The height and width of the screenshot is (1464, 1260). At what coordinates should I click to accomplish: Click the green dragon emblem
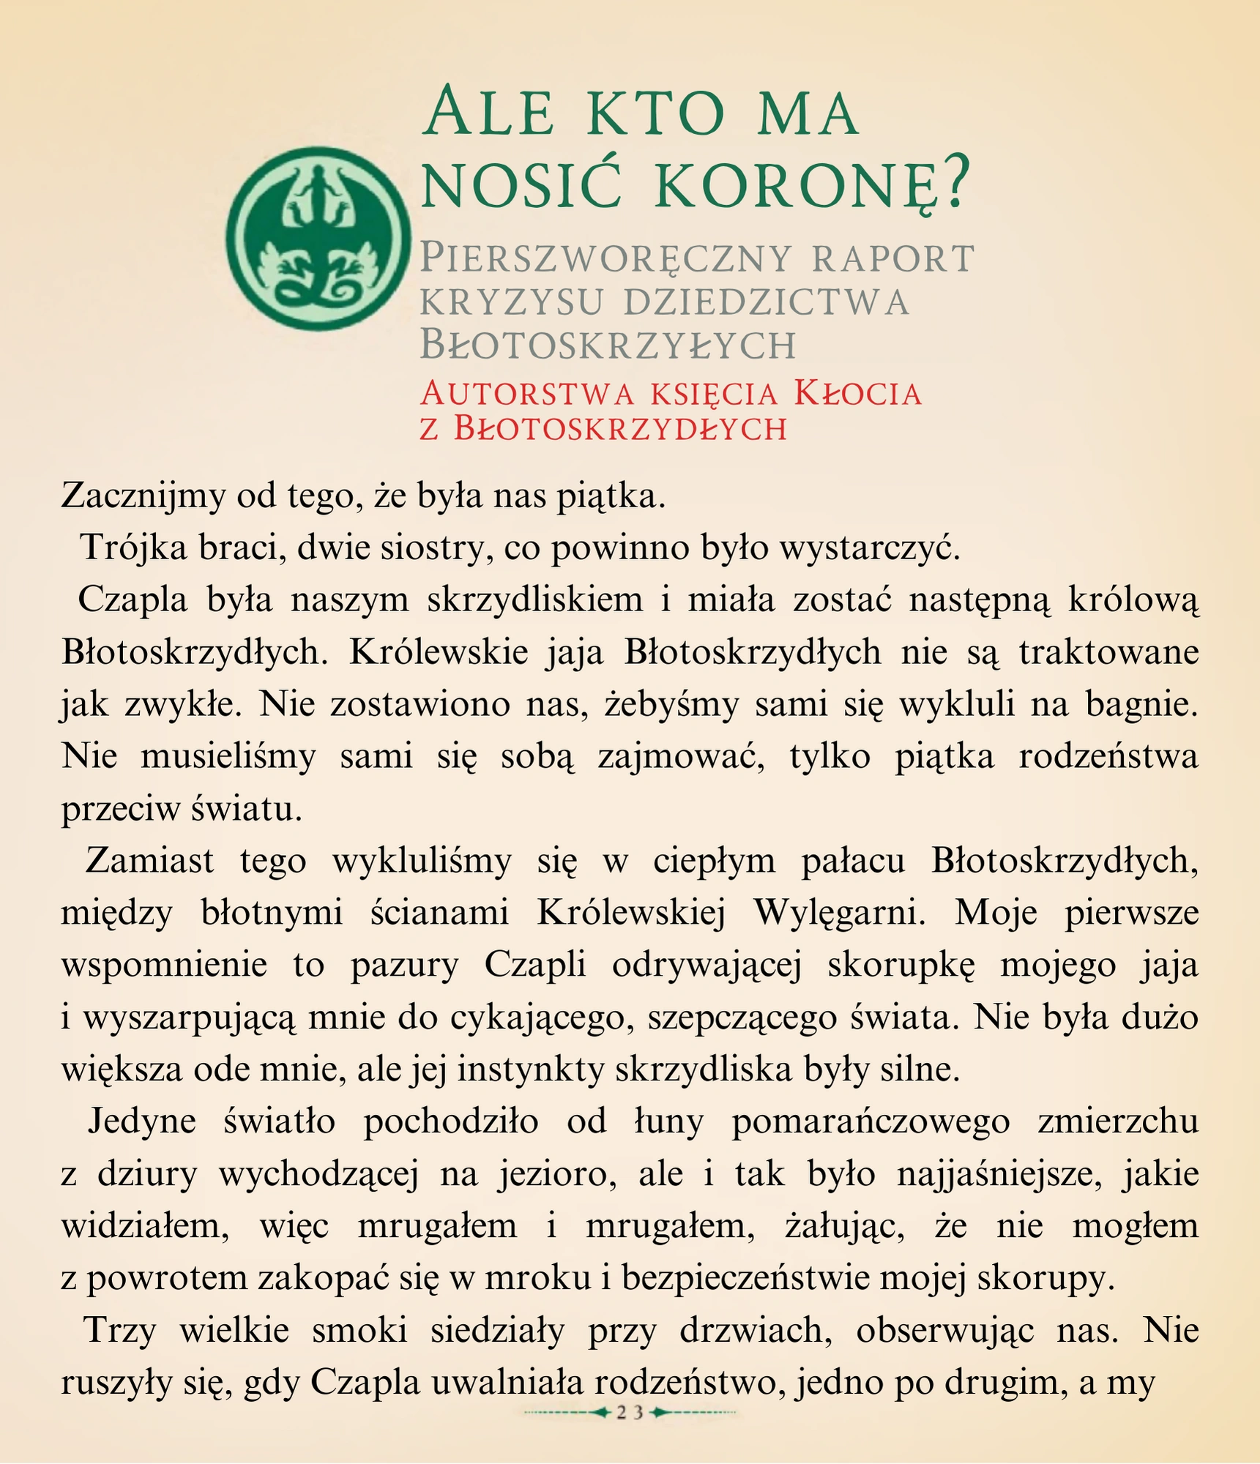click(318, 238)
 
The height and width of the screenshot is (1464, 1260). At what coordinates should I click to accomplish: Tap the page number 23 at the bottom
click(629, 1412)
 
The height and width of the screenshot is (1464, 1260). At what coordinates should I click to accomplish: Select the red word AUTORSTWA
click(526, 394)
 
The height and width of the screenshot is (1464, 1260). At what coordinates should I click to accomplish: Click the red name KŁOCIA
click(857, 394)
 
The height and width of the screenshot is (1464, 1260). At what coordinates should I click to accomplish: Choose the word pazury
click(404, 965)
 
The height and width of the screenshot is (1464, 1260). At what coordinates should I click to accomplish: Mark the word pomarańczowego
click(871, 1121)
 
